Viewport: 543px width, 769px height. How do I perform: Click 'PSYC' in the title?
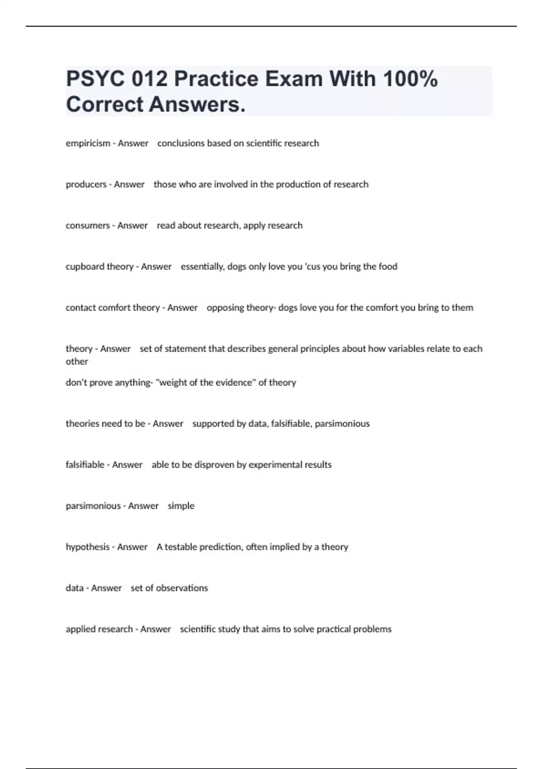95,79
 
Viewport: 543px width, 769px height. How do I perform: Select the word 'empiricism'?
88,143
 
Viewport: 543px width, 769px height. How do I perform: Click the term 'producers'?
86,185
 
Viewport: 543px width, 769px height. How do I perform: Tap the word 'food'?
388,267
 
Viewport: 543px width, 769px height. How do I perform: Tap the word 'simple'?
181,506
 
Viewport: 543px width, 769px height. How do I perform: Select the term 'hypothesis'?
87,547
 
